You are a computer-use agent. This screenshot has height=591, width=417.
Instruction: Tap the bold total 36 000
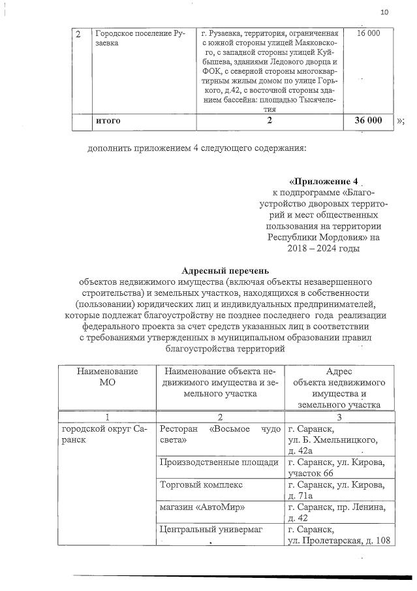(x=367, y=121)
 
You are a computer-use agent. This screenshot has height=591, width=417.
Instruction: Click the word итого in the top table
(x=108, y=121)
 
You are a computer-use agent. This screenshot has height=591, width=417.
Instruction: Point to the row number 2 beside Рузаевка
(x=78, y=33)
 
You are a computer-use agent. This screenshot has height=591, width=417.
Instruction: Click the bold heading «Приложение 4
(x=323, y=180)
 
